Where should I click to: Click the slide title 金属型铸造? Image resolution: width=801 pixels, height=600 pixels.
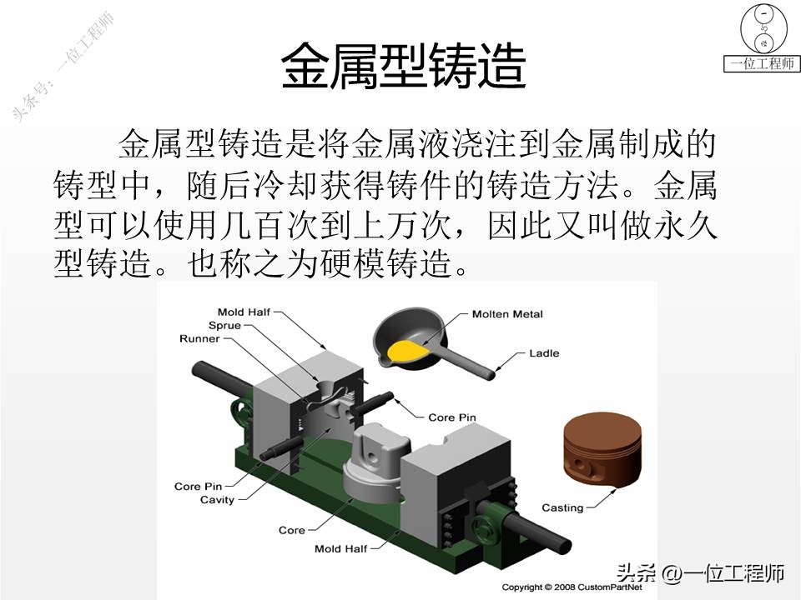coord(403,66)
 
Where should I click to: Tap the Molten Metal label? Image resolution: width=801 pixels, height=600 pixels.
coord(506,314)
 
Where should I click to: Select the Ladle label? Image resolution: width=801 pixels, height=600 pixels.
coord(544,353)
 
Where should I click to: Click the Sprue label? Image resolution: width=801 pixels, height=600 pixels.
coord(224,325)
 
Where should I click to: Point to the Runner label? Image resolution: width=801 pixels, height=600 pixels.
coord(199,339)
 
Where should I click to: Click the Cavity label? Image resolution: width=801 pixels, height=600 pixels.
coord(217,500)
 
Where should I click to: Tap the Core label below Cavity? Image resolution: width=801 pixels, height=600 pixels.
coord(291,530)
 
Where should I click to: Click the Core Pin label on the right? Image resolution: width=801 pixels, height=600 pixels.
coord(451,417)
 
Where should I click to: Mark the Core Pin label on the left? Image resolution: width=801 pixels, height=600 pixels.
coord(198,486)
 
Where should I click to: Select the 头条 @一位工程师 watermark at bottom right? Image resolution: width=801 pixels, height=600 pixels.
coord(700,573)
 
